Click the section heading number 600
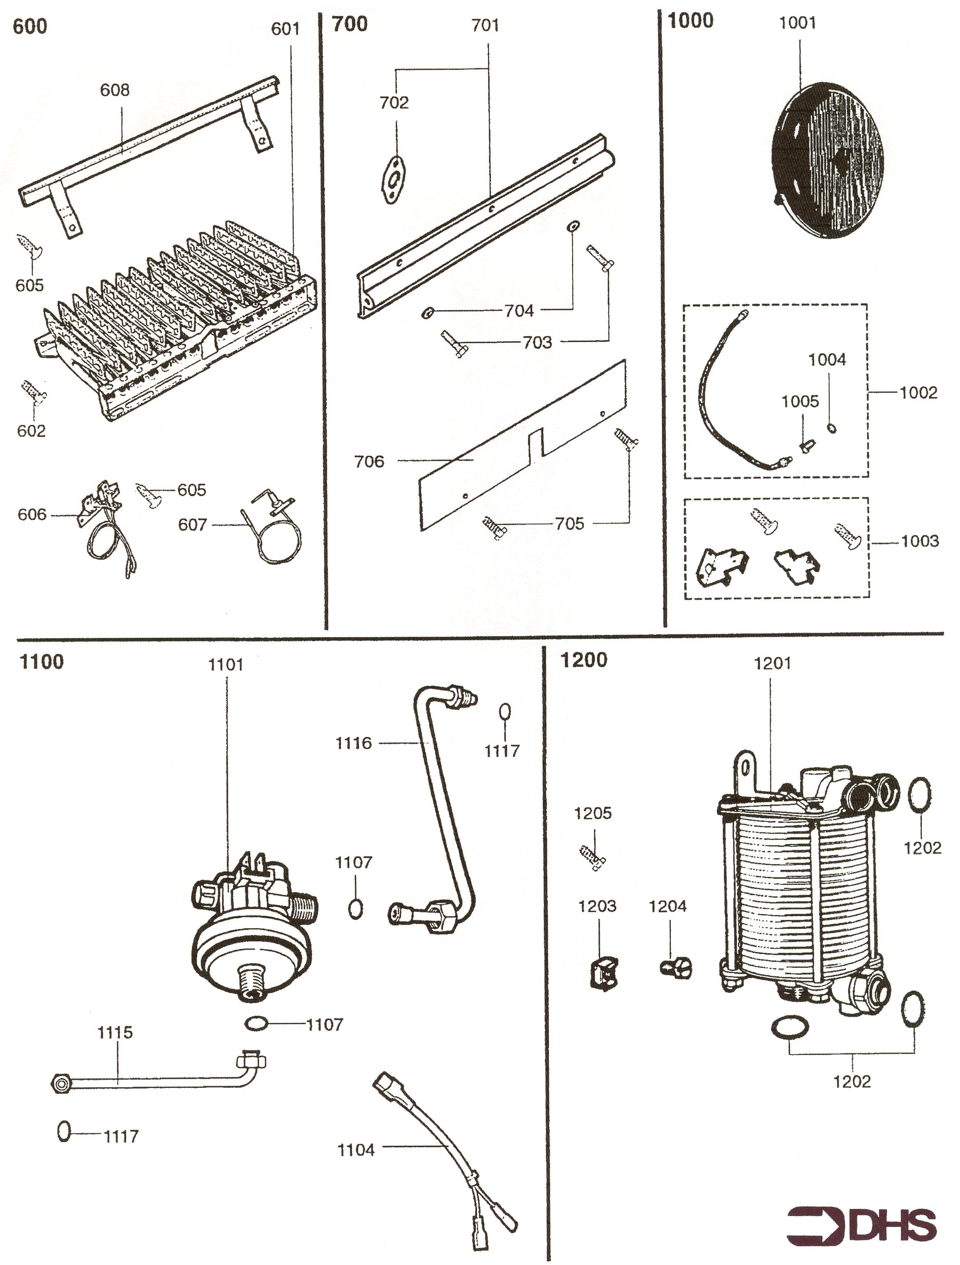[x=30, y=27]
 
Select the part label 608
[x=115, y=90]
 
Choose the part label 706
[x=369, y=461]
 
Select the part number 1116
[x=353, y=743]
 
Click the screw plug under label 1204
[x=676, y=969]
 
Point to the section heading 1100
[x=42, y=662]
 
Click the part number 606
[x=32, y=515]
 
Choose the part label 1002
[x=918, y=392]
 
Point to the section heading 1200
[x=584, y=660]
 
